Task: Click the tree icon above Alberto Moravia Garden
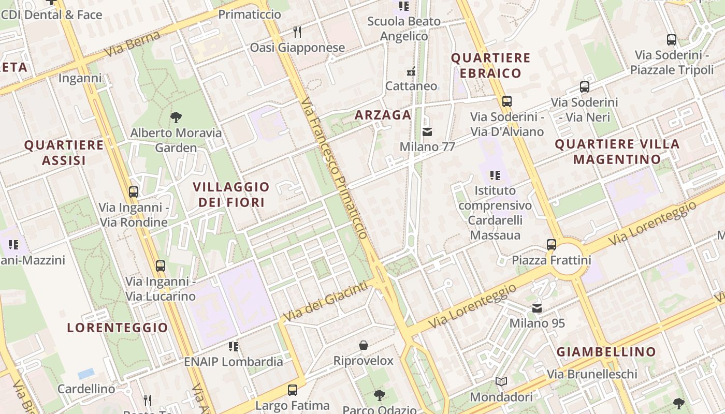176,117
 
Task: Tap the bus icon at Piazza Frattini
552,244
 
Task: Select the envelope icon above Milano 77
427,132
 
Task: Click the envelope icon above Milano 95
537,308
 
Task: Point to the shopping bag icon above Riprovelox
364,345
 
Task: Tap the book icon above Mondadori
501,382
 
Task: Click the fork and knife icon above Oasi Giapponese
297,32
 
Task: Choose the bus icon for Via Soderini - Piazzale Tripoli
672,39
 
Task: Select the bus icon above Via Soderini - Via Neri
585,87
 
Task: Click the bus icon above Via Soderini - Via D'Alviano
507,101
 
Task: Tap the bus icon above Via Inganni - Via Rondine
134,192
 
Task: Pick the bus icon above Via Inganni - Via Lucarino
161,266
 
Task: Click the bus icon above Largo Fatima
293,390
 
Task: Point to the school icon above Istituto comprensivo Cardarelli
495,175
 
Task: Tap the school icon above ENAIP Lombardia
234,346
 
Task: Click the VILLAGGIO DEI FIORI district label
231,194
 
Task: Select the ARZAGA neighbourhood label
383,115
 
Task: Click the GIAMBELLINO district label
606,352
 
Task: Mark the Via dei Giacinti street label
328,301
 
